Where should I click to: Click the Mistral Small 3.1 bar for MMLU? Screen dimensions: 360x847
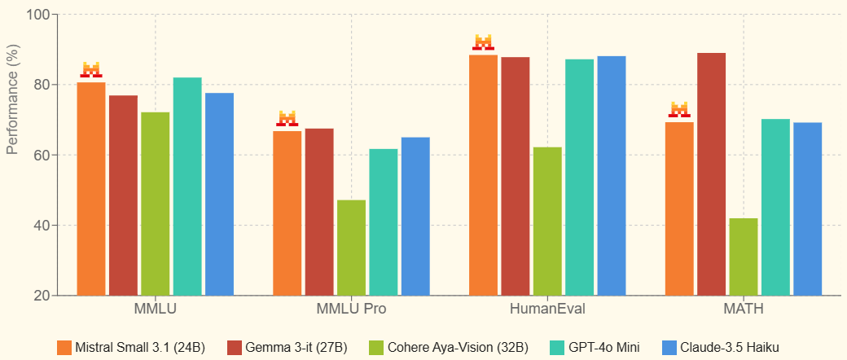[x=91, y=188]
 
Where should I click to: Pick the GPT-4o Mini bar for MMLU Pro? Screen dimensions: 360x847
[x=384, y=222]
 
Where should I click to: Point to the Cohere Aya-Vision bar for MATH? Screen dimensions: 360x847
[x=744, y=256]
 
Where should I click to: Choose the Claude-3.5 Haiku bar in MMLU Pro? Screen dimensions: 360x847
[x=415, y=216]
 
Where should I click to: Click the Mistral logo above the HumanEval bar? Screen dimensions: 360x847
[x=483, y=42]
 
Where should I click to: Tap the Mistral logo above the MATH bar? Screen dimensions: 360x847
[x=679, y=109]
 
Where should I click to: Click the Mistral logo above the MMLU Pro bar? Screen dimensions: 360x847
[x=287, y=118]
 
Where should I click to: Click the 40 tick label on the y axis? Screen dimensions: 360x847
[x=41, y=226]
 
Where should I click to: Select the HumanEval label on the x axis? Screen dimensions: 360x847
[x=547, y=310]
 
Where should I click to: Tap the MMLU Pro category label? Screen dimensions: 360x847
[x=351, y=310]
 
